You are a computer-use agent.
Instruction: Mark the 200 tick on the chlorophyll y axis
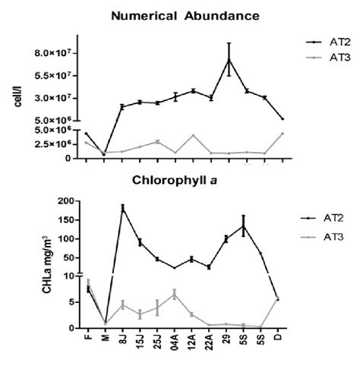[67, 201]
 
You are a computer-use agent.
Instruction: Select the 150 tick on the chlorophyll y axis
[67, 220]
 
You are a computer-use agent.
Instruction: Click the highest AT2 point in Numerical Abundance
[229, 59]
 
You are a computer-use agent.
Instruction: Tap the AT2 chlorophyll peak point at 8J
[122, 207]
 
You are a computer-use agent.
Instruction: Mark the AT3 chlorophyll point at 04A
[175, 294]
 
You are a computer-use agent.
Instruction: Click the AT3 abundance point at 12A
[193, 135]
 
